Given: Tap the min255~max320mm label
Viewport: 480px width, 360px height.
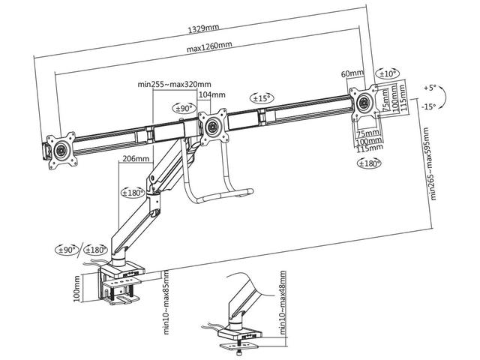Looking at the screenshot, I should click(x=175, y=84).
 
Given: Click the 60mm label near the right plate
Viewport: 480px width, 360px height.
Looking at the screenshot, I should click(x=352, y=73).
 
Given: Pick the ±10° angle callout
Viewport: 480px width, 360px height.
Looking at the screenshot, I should click(x=388, y=73).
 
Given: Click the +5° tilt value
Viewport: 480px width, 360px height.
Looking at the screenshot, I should click(x=429, y=86).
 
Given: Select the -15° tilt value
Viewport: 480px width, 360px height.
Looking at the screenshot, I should click(x=429, y=106).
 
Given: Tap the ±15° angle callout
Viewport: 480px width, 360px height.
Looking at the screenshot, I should click(x=261, y=98).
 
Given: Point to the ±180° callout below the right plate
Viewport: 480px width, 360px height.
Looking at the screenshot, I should click(x=368, y=163).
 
